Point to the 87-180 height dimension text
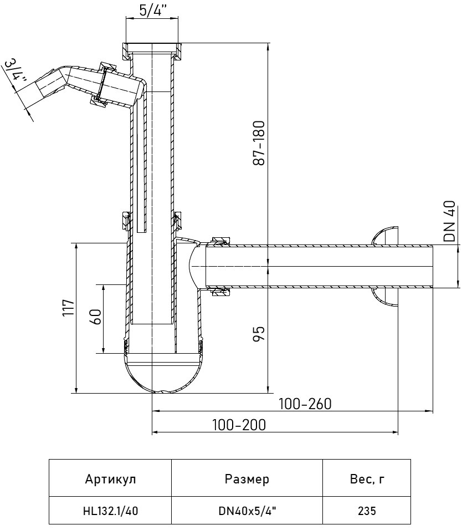[x=260, y=142]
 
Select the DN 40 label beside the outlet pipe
[x=451, y=221]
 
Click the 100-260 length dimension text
[x=305, y=404]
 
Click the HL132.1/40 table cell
[x=110, y=511]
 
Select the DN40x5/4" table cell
[x=247, y=511]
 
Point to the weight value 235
[x=366, y=511]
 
